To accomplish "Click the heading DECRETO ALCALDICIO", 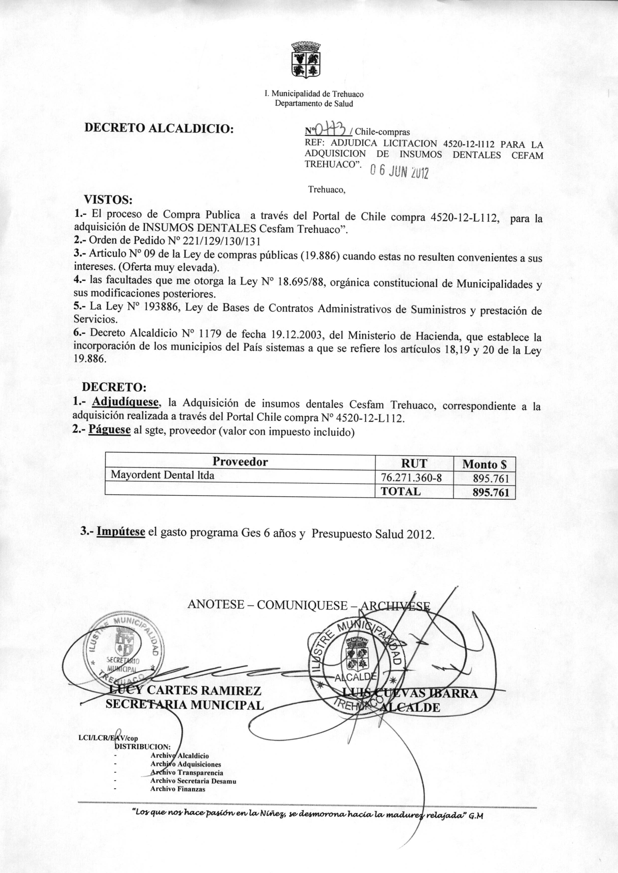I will pyautogui.click(x=159, y=128).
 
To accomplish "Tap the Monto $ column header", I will pyautogui.click(x=484, y=464).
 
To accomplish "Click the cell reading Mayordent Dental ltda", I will pyautogui.click(x=162, y=475).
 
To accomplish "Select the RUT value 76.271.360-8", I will pyautogui.click(x=411, y=477).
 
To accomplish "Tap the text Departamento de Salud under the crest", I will pyautogui.click(x=314, y=103).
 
